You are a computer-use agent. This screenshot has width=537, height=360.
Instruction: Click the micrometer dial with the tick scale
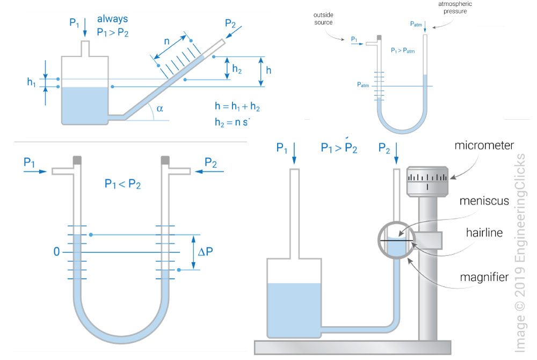pyautogui.click(x=427, y=181)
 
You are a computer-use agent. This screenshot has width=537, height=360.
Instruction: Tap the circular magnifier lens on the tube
pyautogui.click(x=397, y=239)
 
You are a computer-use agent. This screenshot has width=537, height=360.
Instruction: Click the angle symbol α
pyautogui.click(x=159, y=109)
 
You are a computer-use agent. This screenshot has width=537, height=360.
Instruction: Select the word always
pyautogui.click(x=112, y=19)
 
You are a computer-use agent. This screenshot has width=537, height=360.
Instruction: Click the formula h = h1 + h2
pyautogui.click(x=236, y=107)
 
